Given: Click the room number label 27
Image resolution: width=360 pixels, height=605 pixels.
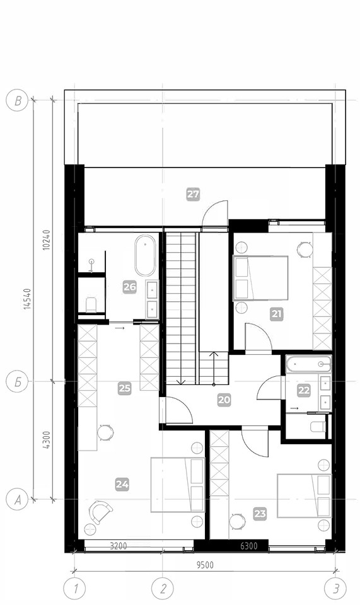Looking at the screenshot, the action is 193,193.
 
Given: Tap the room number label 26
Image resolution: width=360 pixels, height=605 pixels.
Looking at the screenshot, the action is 130,287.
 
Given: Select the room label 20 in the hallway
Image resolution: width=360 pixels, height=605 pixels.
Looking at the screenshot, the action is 224,400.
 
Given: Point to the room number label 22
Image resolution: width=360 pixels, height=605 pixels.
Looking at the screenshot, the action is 304,391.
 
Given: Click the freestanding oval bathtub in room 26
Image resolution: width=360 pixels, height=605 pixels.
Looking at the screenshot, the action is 145,255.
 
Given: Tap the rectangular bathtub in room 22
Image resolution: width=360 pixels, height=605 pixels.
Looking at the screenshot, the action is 309,364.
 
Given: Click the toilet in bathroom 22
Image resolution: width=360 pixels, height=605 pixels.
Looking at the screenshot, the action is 318,427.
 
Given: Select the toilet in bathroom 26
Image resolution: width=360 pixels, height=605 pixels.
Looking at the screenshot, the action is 91,304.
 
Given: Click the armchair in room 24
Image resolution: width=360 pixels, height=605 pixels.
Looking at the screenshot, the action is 100,512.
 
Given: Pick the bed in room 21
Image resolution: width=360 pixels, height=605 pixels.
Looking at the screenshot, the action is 261,278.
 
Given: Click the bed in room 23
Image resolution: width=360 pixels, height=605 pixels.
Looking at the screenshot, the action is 304,495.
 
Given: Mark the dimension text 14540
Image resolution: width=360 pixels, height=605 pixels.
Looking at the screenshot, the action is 26,298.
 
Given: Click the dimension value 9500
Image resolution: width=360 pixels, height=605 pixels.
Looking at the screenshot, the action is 205,565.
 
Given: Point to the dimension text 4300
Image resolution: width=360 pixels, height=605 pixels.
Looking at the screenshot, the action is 46,440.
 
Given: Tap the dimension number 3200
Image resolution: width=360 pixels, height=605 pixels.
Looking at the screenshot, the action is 119,546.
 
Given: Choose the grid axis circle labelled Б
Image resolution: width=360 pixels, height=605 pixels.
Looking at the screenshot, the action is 18,382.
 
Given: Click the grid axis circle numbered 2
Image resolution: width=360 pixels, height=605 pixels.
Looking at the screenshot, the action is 163,589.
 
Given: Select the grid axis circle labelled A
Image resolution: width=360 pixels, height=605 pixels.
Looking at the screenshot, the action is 18,500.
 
